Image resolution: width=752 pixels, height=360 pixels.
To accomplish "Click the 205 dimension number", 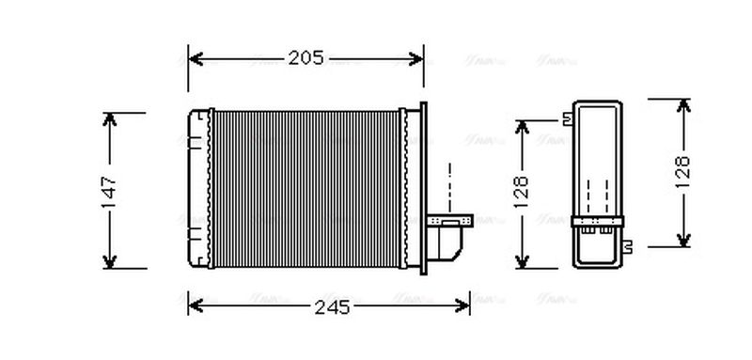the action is coord(305,58).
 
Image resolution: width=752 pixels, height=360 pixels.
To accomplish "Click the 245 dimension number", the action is coord(331,306).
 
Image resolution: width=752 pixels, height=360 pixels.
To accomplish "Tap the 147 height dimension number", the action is coord(110,191).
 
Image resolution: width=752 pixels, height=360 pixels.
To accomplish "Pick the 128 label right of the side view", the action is coord(683,172).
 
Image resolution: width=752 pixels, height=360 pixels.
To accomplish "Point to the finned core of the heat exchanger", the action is coord(305,188).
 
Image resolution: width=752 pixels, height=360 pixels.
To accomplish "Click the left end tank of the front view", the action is coord(198,188).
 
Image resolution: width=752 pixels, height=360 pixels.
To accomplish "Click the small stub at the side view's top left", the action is coord(567,118).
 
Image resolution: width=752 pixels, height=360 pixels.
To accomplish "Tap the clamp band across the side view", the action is coord(597,223).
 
